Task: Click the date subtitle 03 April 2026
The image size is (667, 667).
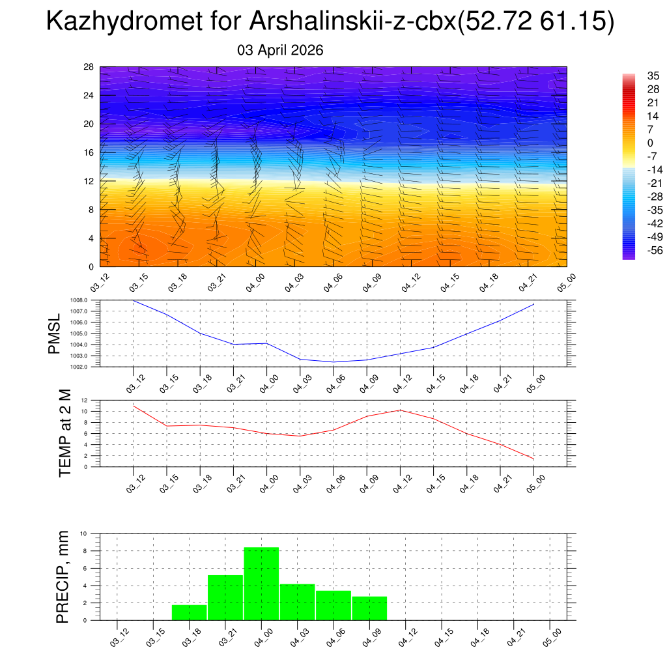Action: pos(280,50)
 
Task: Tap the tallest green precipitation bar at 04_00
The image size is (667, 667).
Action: pos(261,584)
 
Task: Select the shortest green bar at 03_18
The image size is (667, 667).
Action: pos(190,612)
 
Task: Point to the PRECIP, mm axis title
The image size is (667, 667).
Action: pos(63,576)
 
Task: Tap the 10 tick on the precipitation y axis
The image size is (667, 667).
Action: pos(83,533)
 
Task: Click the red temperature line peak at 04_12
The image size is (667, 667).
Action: pos(399,410)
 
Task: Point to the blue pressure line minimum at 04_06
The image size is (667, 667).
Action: pos(333,362)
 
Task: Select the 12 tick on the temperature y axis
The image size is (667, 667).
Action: pos(85,400)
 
